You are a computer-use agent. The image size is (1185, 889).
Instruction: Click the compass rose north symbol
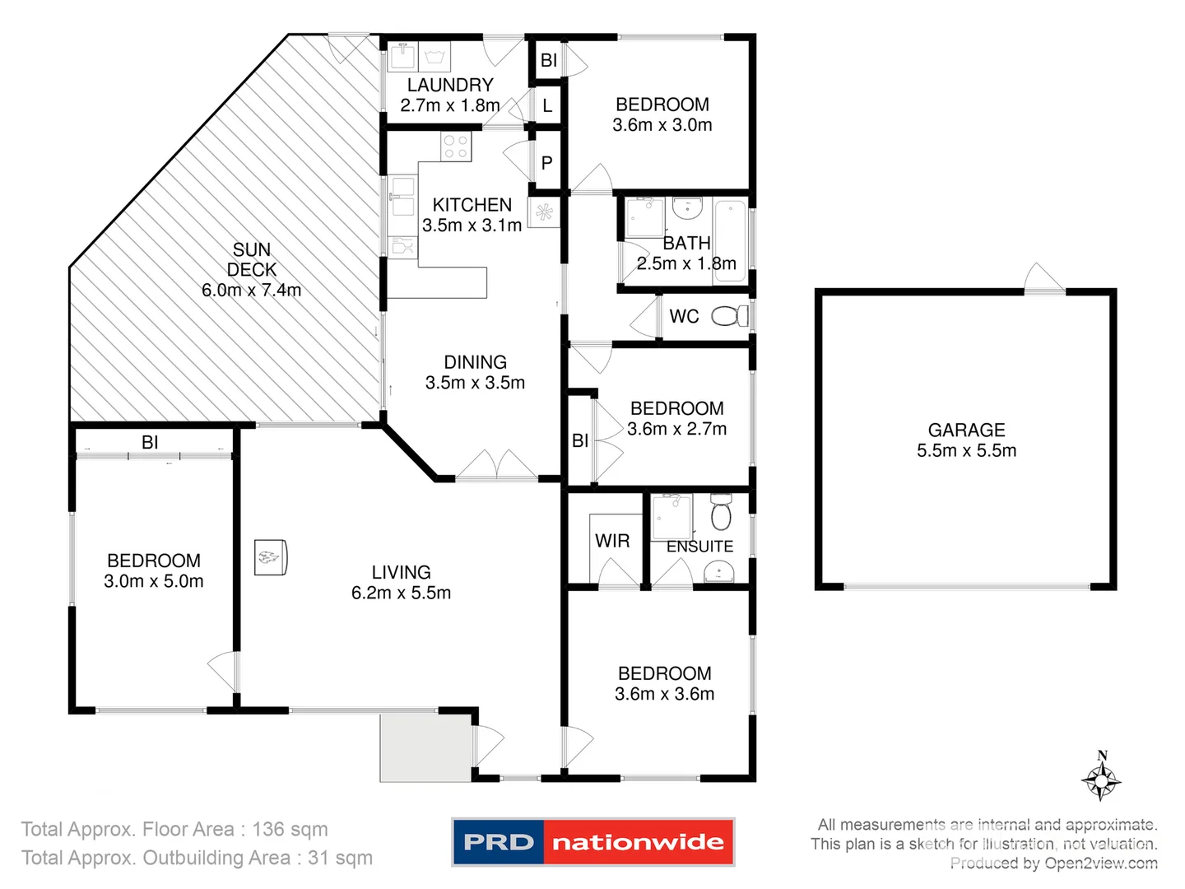click(1101, 777)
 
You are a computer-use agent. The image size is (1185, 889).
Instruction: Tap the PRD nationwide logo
click(592, 842)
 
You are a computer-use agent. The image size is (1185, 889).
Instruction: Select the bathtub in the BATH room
click(730, 240)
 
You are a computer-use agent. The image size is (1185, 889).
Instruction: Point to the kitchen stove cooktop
click(455, 147)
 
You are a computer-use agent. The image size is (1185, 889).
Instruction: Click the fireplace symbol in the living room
click(270, 558)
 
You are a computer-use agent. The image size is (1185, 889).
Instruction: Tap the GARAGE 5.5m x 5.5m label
click(966, 440)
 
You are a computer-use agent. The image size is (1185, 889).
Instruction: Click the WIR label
click(612, 541)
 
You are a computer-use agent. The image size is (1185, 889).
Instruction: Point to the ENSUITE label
click(699, 547)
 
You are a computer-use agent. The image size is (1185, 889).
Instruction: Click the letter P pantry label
click(547, 163)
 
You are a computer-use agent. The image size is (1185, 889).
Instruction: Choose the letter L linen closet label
click(547, 106)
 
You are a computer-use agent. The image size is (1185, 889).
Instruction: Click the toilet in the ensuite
click(721, 513)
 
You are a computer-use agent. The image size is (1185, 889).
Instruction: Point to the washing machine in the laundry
click(434, 57)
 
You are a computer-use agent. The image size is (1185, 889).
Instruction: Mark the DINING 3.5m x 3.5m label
click(475, 372)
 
